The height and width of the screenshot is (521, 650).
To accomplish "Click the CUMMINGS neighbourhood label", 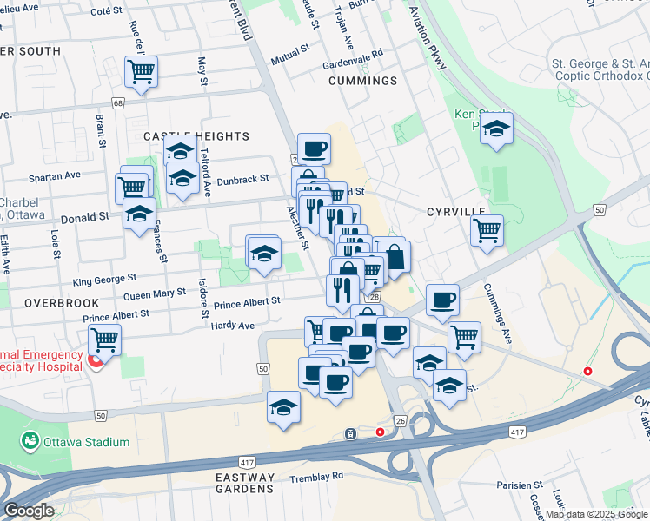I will click(363, 81).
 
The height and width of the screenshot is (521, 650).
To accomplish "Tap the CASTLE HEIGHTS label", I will click(196, 136).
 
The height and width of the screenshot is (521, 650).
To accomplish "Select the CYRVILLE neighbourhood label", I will click(454, 212).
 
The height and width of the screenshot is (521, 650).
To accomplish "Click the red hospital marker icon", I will click(96, 360).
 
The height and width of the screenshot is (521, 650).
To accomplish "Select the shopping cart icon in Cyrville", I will click(487, 231).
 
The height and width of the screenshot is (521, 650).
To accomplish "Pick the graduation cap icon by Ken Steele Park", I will click(496, 129).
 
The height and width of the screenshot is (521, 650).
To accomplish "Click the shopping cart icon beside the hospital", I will click(104, 339).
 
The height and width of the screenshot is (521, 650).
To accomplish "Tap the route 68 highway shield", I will click(118, 102).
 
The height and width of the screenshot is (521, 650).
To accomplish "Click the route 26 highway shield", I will click(400, 420).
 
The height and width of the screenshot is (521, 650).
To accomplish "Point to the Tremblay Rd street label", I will click(318, 476).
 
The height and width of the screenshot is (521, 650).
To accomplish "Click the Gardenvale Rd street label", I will click(352, 54).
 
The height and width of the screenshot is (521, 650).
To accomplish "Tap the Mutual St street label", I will click(289, 53).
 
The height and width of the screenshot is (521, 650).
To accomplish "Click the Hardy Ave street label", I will click(232, 326).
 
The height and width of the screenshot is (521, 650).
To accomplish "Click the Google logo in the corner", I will click(29, 511).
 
